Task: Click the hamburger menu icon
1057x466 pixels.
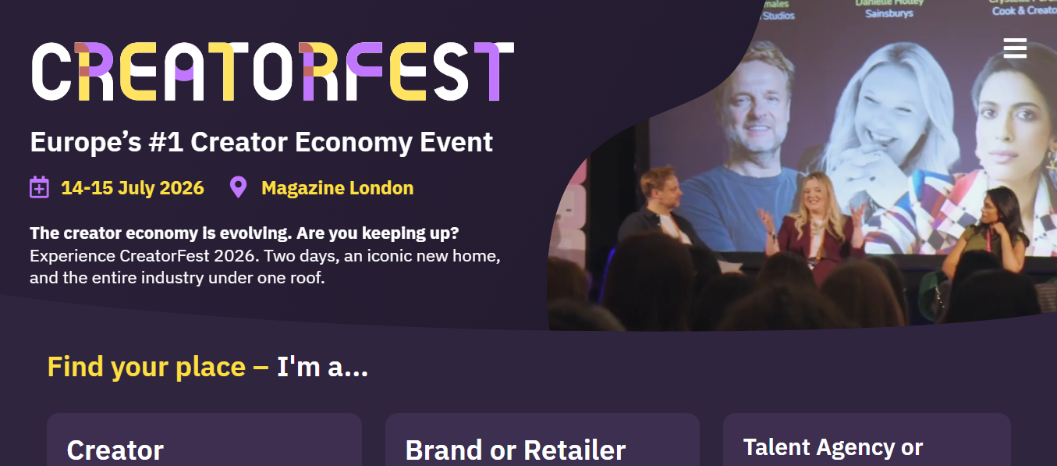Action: click(x=1015, y=48)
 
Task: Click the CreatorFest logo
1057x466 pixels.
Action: click(x=272, y=71)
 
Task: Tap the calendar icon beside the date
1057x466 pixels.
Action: click(x=40, y=187)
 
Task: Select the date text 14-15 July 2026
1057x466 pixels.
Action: click(x=133, y=188)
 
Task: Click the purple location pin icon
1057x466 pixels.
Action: click(x=238, y=187)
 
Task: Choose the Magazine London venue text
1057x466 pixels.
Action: click(x=337, y=188)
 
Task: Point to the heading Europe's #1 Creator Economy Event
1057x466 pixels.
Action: click(x=261, y=142)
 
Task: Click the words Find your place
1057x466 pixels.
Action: click(x=147, y=366)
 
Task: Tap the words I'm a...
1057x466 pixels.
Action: click(x=322, y=366)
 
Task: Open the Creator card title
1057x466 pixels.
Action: click(x=115, y=450)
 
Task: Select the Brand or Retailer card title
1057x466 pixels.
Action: click(x=515, y=450)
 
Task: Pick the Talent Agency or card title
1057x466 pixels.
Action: click(x=832, y=447)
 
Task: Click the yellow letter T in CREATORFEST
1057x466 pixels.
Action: click(x=226, y=71)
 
